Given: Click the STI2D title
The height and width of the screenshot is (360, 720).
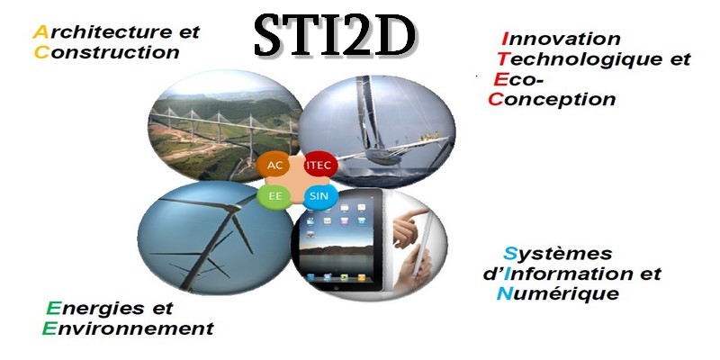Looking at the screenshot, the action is (335, 35).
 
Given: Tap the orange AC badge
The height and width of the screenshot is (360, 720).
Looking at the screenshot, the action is (274, 166).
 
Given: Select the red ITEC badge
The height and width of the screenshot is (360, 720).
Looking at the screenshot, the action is (320, 166).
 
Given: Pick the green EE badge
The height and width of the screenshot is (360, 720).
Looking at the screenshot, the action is (275, 196).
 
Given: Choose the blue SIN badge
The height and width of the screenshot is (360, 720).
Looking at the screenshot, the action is (320, 196).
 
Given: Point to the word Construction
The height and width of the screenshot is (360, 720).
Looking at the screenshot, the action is (107, 52).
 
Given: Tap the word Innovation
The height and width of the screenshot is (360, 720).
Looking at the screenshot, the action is (561, 39).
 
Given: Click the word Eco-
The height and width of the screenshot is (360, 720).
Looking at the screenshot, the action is (519, 79).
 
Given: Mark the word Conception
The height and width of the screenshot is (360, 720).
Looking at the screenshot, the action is (552, 99).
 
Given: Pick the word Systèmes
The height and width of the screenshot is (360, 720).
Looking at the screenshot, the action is (558, 254).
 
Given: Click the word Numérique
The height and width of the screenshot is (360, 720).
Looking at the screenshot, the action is (558, 293).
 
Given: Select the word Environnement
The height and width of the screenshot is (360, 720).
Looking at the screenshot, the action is (128, 328).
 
